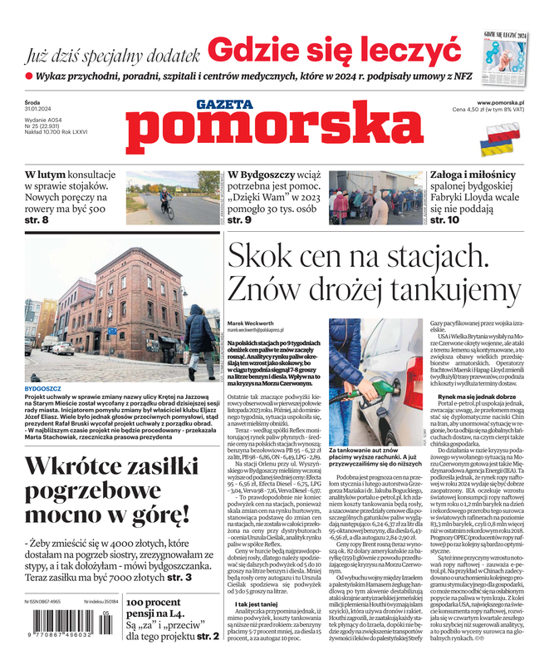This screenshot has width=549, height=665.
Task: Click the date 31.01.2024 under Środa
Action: point(39,110)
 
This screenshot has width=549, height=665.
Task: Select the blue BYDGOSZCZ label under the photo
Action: point(43,388)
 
